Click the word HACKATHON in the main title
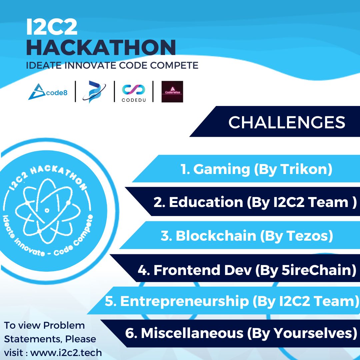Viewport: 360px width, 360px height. pyautogui.click(x=101, y=47)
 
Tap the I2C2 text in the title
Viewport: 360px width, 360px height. pyautogui.click(x=52, y=27)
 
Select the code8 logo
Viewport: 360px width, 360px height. pyautogui.click(x=48, y=92)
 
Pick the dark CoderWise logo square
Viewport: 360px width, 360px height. pyautogui.click(x=172, y=92)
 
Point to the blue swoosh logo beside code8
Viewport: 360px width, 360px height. pyautogui.click(x=94, y=92)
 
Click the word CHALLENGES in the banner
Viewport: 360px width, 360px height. pyautogui.click(x=287, y=122)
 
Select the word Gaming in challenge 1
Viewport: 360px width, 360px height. pyautogui.click(x=221, y=169)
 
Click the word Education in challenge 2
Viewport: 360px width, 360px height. pyautogui.click(x=206, y=202)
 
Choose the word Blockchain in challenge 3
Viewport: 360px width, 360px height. pyautogui.click(x=216, y=236)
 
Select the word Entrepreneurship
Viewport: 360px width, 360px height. pyautogui.click(x=184, y=301)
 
